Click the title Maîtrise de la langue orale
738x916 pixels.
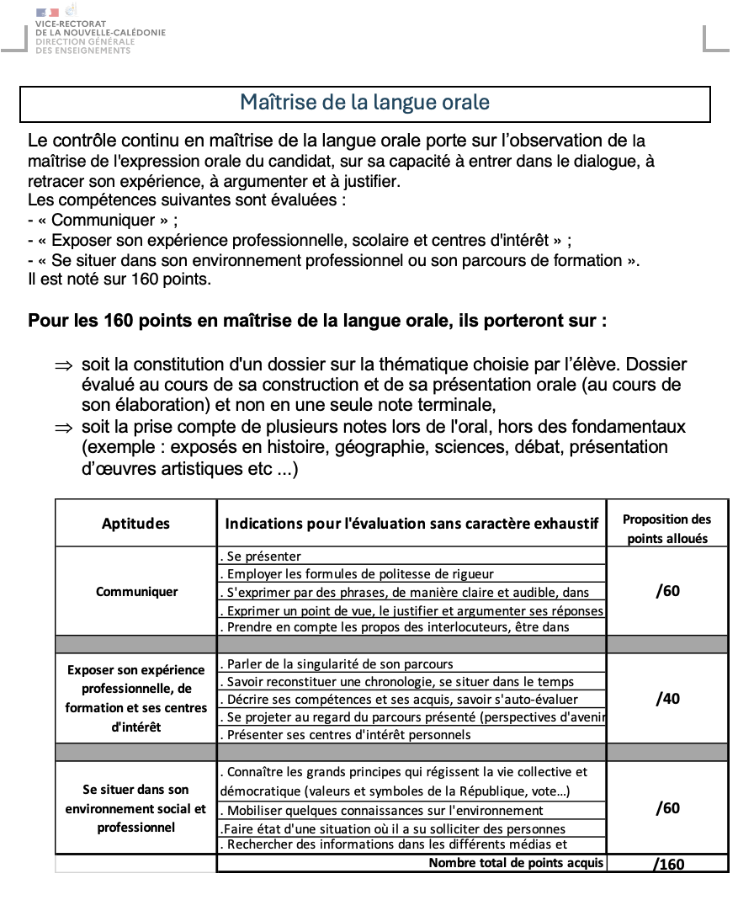364,103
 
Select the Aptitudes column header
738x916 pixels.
135,524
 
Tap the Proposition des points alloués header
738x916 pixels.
666,529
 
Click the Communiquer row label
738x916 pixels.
136,591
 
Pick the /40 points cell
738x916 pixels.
666,699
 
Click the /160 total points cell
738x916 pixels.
668,864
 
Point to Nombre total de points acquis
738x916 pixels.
516,863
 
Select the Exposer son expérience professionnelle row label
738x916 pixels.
135,698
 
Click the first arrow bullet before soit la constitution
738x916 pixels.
64,366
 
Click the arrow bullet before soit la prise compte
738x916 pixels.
64,428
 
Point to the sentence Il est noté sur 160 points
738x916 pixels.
119,279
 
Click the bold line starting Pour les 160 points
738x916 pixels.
316,322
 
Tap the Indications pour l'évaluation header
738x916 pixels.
411,524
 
